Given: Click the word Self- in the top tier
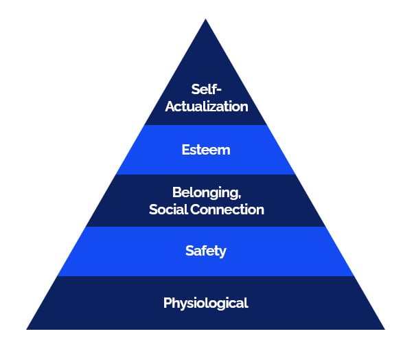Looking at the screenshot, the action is tap(206, 89).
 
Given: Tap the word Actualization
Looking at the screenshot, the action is tap(207, 106).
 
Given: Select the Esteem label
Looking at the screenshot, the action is tap(206, 150).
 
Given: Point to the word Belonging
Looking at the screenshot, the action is tap(206, 193).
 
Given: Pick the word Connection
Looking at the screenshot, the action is tap(227, 210).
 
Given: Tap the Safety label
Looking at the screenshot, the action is tap(206, 251).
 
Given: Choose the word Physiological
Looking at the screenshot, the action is tap(206, 303).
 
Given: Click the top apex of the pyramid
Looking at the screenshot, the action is tap(206, 19).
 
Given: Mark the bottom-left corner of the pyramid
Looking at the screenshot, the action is tap(27, 329).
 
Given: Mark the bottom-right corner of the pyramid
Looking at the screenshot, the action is tap(385, 329).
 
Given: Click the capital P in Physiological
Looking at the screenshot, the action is tap(168, 302).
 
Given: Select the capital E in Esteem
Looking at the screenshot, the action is tap(186, 150).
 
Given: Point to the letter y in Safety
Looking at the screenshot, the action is tap(222, 253).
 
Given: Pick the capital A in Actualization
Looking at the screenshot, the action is tap(170, 106).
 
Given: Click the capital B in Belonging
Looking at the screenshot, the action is tap(177, 192).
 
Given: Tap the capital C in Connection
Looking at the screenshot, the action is tap(196, 210).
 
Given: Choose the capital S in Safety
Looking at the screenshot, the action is tap(189, 251).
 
